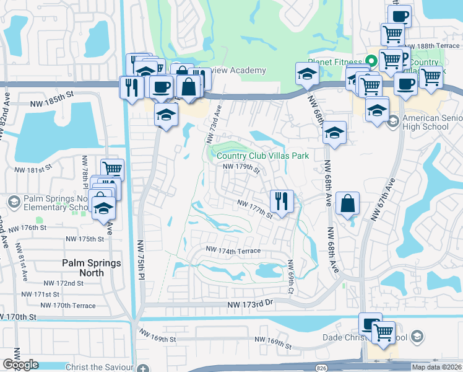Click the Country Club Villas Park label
pyautogui.click(x=262, y=156)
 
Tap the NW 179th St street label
pyautogui.click(x=240, y=167)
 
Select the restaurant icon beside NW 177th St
pyautogui.click(x=281, y=200)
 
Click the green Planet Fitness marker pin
pyautogui.click(x=371, y=61)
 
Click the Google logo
pyautogui.click(x=20, y=365)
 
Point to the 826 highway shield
pyautogui.click(x=321, y=368)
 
